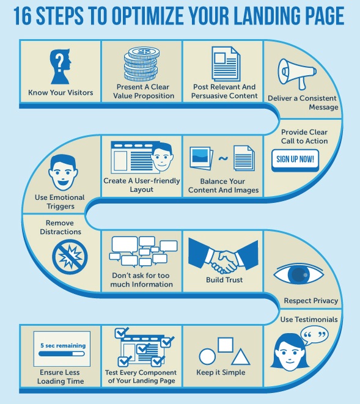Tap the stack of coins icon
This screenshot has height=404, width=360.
pyautogui.click(x=141, y=64)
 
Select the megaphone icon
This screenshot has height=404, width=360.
pyautogui.click(x=297, y=74)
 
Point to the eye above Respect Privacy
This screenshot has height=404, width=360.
pyautogui.click(x=299, y=274)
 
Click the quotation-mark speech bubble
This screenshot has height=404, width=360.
pyautogui.click(x=314, y=335)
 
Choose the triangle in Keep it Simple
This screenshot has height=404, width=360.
pyautogui.click(x=241, y=357)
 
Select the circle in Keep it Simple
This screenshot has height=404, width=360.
pyautogui.click(x=207, y=357)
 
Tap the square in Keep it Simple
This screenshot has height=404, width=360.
pyautogui.click(x=226, y=345)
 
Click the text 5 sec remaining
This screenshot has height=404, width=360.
pyautogui.click(x=63, y=345)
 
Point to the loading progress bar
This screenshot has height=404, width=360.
pyautogui.click(x=62, y=354)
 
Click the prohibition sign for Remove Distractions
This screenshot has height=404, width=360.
pyautogui.click(x=70, y=257)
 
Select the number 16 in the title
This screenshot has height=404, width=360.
pyautogui.click(x=23, y=16)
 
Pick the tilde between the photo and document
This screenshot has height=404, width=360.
pyautogui.click(x=223, y=158)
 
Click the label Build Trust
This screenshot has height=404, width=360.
pyautogui.click(x=224, y=280)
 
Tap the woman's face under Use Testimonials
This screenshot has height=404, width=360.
pyautogui.click(x=289, y=351)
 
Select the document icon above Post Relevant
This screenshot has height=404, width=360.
pyautogui.click(x=226, y=64)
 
